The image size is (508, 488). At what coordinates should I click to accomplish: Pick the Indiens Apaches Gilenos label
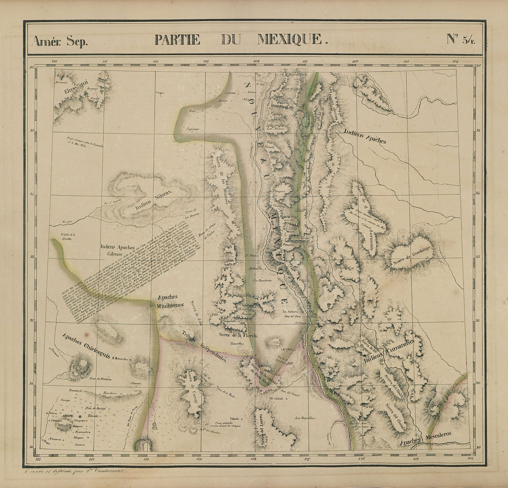[115, 250]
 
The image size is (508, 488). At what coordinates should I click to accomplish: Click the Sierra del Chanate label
[395, 417]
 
